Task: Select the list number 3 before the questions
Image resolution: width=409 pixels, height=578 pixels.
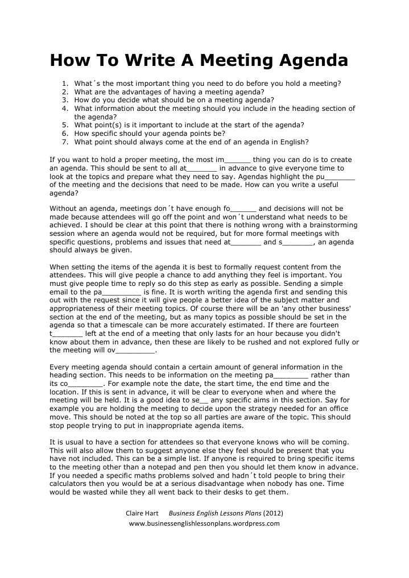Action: pyautogui.click(x=65, y=100)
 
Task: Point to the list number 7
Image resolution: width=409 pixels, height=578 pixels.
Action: pyautogui.click(x=65, y=142)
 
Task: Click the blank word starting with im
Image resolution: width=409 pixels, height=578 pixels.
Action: pyautogui.click(x=233, y=160)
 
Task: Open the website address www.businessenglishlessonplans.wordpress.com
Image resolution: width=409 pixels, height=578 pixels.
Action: pyautogui.click(x=204, y=523)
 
